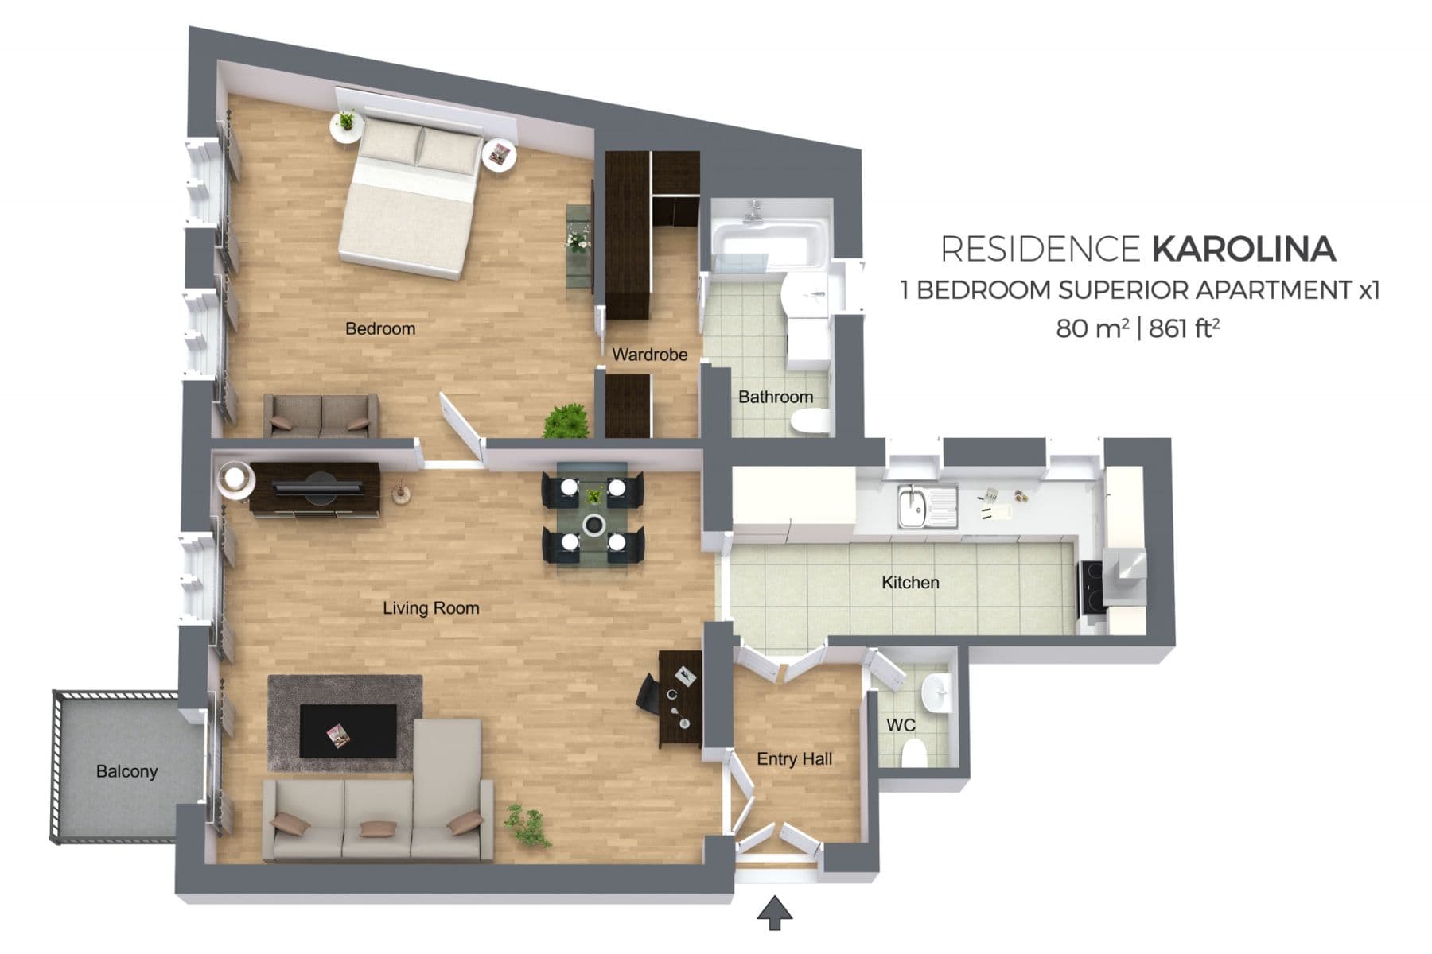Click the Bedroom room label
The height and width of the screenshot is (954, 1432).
click(x=380, y=328)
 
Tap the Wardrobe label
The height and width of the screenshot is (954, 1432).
click(x=650, y=355)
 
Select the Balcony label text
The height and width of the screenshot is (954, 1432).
click(x=126, y=771)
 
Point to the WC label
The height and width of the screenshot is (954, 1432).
click(x=901, y=725)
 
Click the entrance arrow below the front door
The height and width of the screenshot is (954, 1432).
click(x=774, y=913)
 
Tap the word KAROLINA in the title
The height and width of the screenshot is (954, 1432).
click(x=1243, y=249)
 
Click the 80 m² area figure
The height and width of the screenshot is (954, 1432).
click(x=1092, y=328)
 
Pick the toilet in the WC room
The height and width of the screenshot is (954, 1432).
click(x=914, y=752)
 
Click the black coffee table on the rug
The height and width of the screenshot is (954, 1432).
click(x=348, y=731)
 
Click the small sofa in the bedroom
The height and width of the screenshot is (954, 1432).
click(x=321, y=416)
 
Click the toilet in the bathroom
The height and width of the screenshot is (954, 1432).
click(x=811, y=421)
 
